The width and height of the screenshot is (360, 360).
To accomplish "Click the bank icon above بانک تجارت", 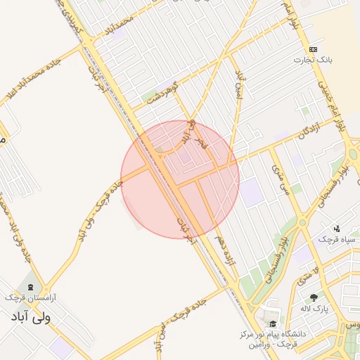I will coord(313,49).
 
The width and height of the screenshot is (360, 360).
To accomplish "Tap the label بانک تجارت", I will coord(313,60).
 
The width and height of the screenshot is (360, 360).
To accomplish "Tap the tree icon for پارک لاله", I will coord(314,297).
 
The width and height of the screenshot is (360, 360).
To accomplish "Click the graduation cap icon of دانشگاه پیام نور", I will coord(272,324).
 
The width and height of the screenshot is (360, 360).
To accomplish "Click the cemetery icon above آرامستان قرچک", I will coord(30,287).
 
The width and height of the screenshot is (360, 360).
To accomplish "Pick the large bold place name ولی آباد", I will coord(32,317).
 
